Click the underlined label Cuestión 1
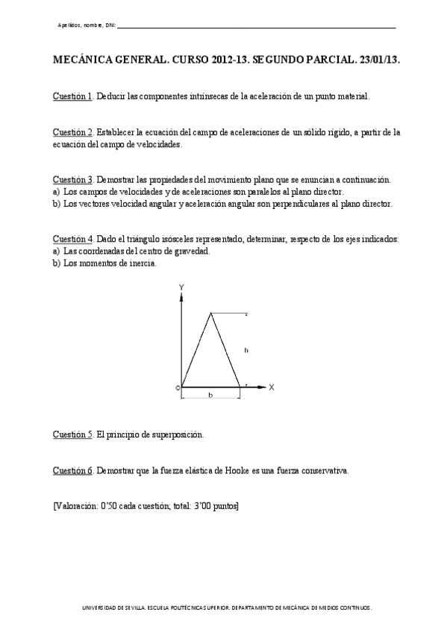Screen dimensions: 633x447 coord(72,97)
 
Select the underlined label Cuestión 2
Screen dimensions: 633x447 coord(72,133)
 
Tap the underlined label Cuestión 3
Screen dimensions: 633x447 coord(72,180)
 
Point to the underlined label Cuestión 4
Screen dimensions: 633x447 coord(72,239)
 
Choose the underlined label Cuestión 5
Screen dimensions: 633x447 coord(72,434)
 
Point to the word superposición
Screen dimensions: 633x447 coord(175,434)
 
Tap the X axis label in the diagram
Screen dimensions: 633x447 coord(272,387)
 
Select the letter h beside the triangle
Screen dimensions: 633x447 coord(246,349)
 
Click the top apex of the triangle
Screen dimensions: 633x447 coord(212,314)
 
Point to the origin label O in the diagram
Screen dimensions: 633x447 coord(178,387)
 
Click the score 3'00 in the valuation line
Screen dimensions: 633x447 coord(201,505)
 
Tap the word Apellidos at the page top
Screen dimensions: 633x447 coord(69,26)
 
